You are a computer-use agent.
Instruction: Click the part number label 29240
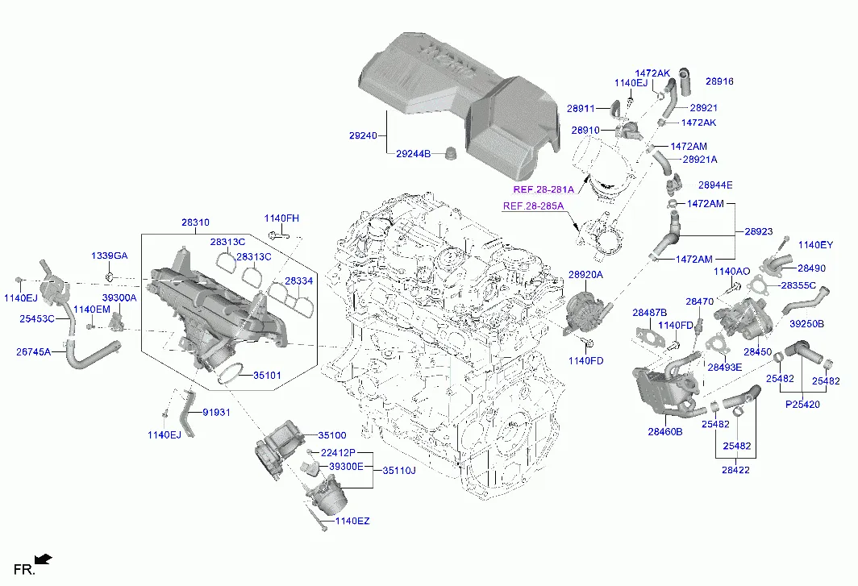click(364, 135)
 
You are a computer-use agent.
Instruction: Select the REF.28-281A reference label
click(544, 190)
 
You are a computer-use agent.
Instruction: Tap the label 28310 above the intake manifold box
click(195, 222)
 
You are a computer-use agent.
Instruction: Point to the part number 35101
click(267, 376)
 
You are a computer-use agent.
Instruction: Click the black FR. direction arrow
click(44, 559)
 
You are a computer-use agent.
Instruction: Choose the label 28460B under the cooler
click(664, 432)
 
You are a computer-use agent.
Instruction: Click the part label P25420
click(802, 405)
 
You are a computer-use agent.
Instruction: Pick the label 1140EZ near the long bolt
click(352, 521)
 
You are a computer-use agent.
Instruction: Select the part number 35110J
click(399, 470)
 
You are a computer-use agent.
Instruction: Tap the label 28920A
click(585, 275)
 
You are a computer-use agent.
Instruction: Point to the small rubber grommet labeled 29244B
click(452, 153)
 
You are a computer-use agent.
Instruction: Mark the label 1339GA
click(110, 256)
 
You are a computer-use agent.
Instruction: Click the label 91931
click(216, 413)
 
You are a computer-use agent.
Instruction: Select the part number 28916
click(719, 81)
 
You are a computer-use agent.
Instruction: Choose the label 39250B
click(806, 324)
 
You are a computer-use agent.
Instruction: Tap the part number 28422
click(735, 470)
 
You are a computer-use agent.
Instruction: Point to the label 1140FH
click(281, 218)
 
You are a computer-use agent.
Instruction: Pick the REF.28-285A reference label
click(533, 206)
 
